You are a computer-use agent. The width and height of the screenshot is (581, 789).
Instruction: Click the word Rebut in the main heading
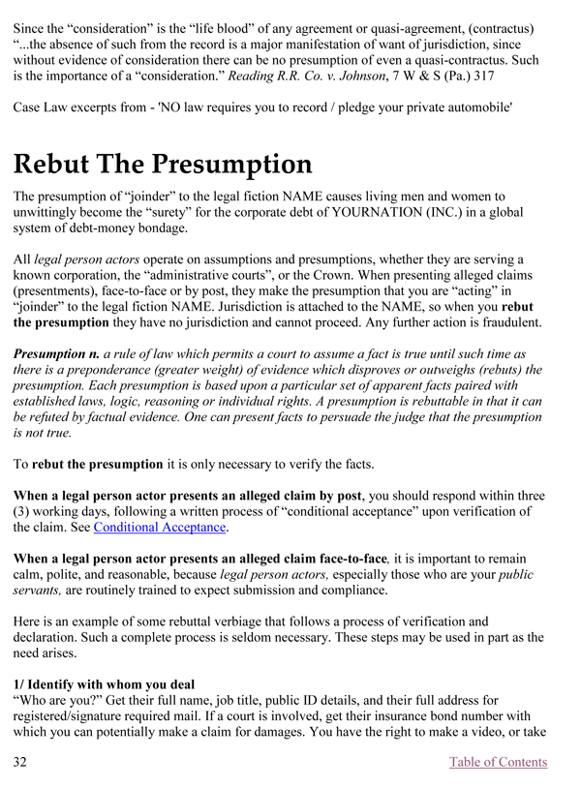[58, 164]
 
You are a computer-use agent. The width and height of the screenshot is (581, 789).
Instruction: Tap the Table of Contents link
[498, 762]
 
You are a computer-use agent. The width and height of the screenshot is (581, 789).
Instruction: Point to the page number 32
[21, 762]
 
